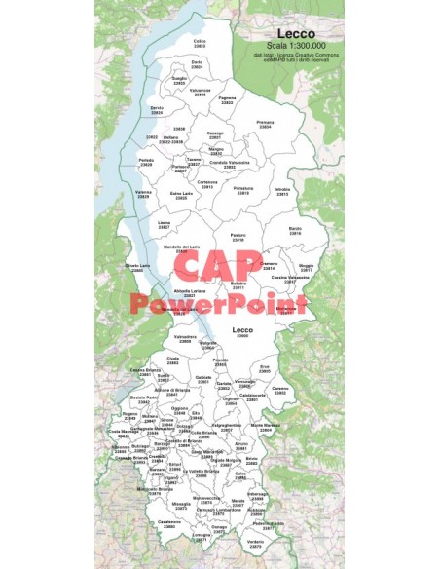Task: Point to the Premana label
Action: click(265, 123)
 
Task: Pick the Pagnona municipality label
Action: click(228, 99)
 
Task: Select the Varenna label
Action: click(143, 194)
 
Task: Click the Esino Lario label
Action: click(182, 195)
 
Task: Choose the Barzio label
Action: click(296, 230)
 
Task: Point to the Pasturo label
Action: click(238, 237)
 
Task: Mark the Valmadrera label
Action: click(185, 339)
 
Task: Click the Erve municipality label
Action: click(265, 368)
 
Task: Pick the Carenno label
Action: click(281, 390)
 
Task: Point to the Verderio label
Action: click(255, 543)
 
